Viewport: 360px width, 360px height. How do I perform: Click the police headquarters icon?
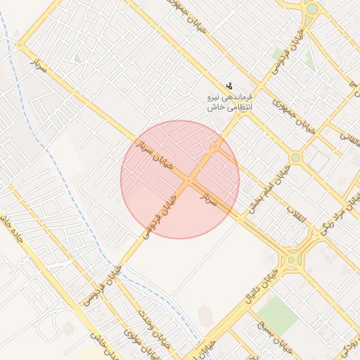coord(230,85)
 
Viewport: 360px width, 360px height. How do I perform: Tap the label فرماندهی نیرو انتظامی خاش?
coord(229,102)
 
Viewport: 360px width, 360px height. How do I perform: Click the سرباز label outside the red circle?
coord(39,68)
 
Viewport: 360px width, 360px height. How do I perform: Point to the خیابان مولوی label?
coord(137,335)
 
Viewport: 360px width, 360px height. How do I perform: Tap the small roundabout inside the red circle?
coord(214,147)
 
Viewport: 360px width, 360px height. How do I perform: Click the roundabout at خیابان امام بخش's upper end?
coord(295,157)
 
